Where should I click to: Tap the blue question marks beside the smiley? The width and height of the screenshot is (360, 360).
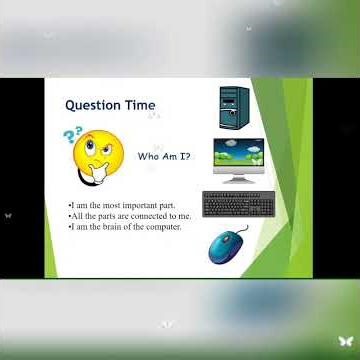(x=71, y=136)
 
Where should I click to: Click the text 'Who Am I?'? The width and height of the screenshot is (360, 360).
(x=164, y=157)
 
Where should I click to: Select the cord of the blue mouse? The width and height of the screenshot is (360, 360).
(x=241, y=229)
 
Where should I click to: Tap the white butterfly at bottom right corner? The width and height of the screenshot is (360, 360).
(x=345, y=342)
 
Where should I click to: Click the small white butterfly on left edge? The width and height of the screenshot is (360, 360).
(x=8, y=214)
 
